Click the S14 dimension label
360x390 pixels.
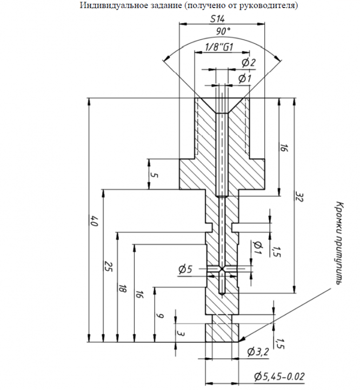217,19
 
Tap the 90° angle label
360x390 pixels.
223,31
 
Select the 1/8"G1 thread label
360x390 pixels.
219,47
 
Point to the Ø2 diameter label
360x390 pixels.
249,62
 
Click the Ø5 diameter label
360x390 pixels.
185,269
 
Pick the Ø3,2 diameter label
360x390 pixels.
258,352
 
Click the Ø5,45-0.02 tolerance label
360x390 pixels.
279,376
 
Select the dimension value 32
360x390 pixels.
299,197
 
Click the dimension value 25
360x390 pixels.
108,266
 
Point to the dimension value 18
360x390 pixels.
122,288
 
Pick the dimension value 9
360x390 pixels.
161,316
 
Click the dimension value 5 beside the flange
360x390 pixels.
155,175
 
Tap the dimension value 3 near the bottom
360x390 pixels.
181,333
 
